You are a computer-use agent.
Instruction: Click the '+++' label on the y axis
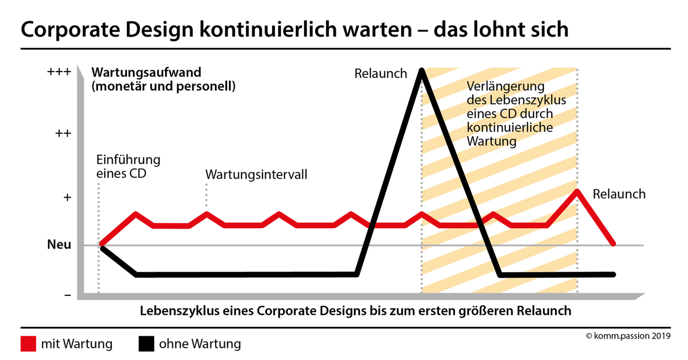(60, 72)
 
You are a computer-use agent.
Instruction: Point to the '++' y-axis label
(63, 134)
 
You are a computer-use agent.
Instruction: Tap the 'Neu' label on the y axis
(59, 245)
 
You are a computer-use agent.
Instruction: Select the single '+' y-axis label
(67, 197)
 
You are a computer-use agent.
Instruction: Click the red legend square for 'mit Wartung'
(29, 343)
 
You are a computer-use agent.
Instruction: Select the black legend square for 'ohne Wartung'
(146, 343)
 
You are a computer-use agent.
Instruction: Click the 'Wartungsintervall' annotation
(257, 175)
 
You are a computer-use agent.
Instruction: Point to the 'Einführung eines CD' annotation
(128, 167)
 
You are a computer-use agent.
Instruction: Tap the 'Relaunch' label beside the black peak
(380, 74)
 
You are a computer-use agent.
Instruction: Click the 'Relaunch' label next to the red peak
(619, 194)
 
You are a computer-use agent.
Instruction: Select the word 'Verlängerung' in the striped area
(506, 86)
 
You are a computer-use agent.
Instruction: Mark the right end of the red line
(613, 244)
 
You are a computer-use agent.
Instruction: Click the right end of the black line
(613, 274)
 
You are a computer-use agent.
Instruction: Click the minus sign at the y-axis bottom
(67, 295)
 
